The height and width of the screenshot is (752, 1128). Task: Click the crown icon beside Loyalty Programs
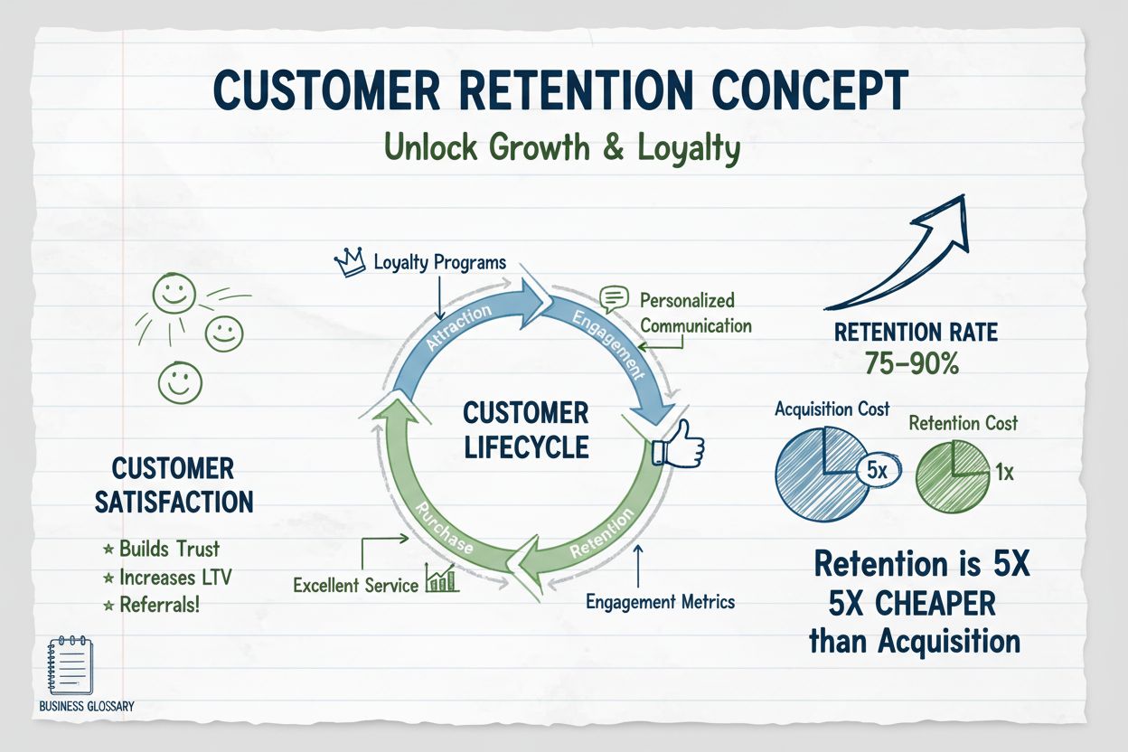[x=350, y=262]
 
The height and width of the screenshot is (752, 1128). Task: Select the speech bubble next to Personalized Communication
[x=614, y=298]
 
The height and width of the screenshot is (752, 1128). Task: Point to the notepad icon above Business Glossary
[x=69, y=667]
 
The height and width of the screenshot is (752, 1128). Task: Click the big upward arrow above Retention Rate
[x=904, y=253]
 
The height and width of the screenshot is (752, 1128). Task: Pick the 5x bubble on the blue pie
[x=876, y=471]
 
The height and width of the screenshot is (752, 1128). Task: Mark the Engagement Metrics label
[x=660, y=601]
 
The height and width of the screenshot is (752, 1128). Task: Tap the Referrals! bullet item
[x=158, y=605]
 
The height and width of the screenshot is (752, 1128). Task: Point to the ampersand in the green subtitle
[x=589, y=147]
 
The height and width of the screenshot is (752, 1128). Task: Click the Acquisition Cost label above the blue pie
[x=832, y=409]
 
